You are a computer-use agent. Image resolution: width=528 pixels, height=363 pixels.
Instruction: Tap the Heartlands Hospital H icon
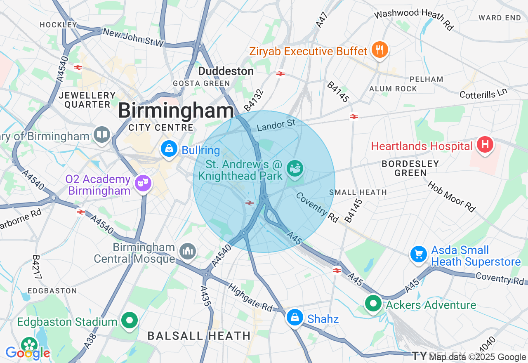[485, 145]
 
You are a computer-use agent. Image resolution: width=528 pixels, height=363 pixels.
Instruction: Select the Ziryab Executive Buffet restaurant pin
[379, 50]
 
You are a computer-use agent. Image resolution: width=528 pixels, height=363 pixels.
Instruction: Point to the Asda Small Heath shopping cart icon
[419, 254]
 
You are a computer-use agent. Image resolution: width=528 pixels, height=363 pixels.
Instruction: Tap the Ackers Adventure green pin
[373, 304]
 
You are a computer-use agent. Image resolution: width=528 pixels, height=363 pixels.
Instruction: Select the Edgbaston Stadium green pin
[130, 320]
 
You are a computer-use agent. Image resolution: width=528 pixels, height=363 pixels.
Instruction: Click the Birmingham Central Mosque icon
[188, 251]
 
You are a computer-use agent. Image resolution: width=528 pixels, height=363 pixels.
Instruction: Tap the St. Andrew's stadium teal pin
[295, 169]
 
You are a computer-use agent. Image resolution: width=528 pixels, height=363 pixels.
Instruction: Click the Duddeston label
[226, 71]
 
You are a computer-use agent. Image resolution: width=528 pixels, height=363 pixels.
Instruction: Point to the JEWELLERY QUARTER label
[87, 100]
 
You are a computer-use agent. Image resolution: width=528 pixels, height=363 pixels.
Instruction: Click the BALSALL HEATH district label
[199, 336]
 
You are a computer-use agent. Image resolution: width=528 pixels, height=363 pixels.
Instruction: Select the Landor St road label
[276, 125]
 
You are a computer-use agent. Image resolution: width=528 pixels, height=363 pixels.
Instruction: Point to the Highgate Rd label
[250, 297]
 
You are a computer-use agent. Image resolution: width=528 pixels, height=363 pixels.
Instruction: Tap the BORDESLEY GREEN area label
[410, 168]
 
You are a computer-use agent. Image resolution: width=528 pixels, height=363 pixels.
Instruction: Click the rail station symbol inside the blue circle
[249, 203]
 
